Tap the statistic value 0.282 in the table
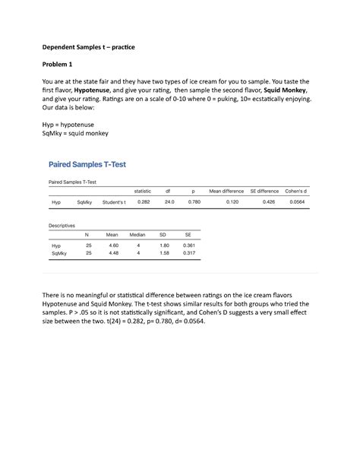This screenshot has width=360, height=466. click(x=142, y=202)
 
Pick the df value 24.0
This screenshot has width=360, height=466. click(x=169, y=202)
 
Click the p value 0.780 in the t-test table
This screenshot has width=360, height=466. click(x=194, y=202)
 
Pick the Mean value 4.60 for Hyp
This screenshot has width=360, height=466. click(x=113, y=246)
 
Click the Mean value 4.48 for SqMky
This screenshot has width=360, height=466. click(x=113, y=254)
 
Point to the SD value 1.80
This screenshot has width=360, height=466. click(x=163, y=246)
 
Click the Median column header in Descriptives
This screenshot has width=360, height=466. click(x=138, y=235)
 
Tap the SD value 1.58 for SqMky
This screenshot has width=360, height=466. click(x=163, y=254)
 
